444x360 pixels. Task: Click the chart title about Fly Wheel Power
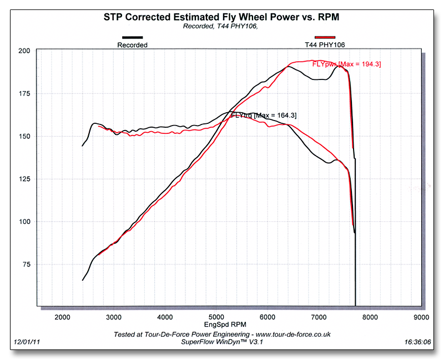(221, 17)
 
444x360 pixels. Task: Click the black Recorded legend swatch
(132, 39)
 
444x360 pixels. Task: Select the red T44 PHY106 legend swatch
(325, 38)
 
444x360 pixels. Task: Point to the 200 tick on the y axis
(24, 51)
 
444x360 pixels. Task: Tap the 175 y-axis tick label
(24, 93)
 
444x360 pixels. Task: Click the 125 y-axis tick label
(24, 179)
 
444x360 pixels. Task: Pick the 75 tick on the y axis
(26, 264)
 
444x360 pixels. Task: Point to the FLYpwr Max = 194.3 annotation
(347, 64)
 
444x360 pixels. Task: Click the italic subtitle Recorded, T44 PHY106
(220, 26)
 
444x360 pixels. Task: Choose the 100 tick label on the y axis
(24, 222)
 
